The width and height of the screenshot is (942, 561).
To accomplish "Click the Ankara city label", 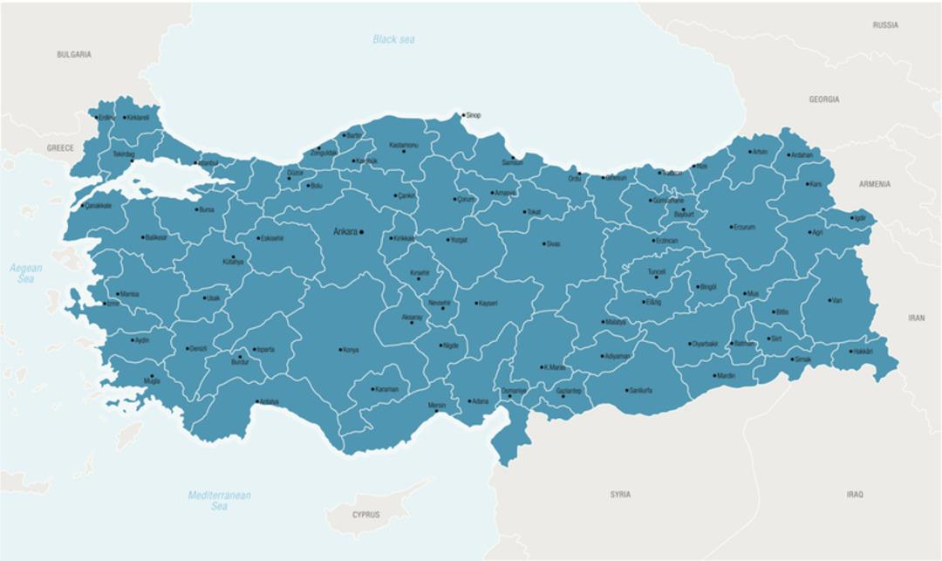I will coord(346,232).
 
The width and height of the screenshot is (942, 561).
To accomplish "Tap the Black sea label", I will coord(393,39).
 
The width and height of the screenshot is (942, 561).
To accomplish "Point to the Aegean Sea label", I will coord(26,274).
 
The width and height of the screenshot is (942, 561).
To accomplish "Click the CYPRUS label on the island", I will coord(365,515).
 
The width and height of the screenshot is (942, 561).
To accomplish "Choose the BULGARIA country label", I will coord(74,54).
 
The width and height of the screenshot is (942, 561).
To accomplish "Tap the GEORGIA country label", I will coord(823,99).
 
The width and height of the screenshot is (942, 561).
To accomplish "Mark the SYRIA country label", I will coord(620,495).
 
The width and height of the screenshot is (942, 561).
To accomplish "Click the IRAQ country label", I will coord(854,495).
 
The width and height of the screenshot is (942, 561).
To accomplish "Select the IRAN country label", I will coord(916,318).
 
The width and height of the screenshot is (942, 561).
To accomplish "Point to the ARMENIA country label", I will coord(874,184).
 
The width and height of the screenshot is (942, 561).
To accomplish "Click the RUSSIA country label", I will coord(884,25).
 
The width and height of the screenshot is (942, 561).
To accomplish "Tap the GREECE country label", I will coord(60,148).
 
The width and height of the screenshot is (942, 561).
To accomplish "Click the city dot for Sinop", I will coord(463,115).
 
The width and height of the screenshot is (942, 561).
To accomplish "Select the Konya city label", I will coord(351,350).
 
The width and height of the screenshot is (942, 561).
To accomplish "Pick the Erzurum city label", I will coord(744,227).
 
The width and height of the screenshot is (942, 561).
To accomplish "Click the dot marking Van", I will coord(829,300).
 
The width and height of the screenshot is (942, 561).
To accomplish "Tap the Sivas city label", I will coord(553,244).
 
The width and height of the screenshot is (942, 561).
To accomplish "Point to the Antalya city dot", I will coord(256,401).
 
